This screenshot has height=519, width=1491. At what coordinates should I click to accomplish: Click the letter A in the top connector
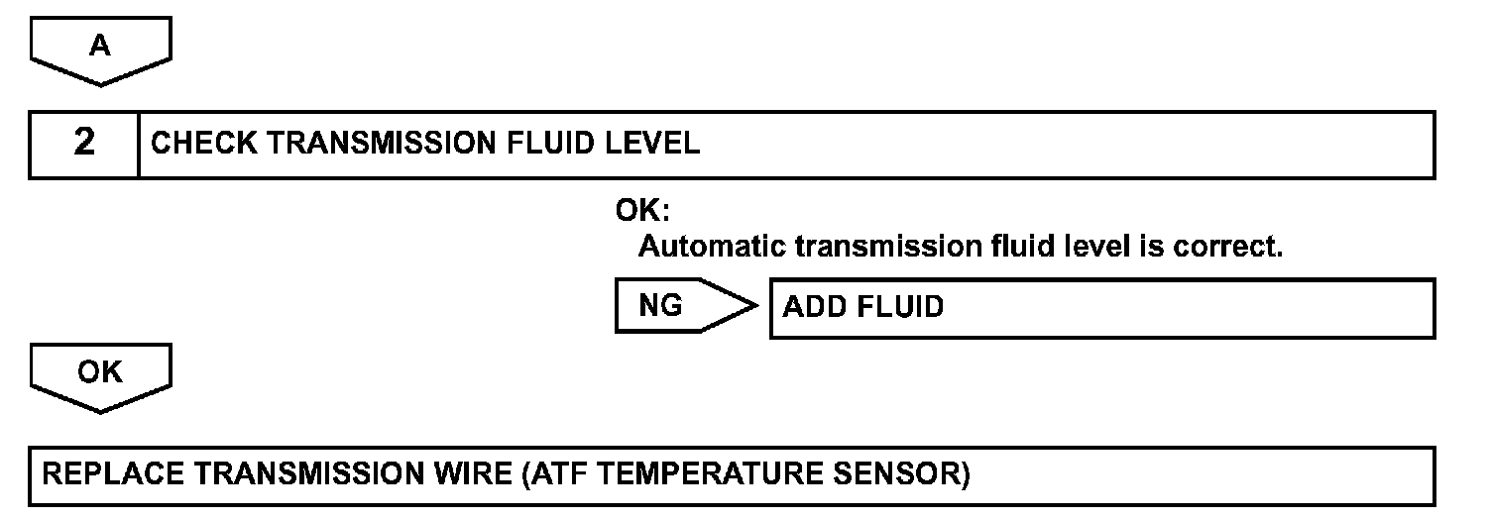tap(100, 47)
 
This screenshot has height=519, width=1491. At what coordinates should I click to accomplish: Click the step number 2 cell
tap(84, 144)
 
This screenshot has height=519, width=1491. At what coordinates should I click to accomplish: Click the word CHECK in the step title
tap(204, 144)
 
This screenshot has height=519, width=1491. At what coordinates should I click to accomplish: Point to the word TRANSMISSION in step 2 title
tap(382, 144)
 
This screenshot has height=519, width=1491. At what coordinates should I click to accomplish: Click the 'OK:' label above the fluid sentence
tap(642, 212)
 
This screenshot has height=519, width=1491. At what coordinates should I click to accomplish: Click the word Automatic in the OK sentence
tap(711, 246)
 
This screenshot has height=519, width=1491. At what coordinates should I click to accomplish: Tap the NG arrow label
tap(662, 306)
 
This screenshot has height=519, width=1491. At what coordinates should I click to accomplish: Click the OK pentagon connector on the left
tap(100, 373)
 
